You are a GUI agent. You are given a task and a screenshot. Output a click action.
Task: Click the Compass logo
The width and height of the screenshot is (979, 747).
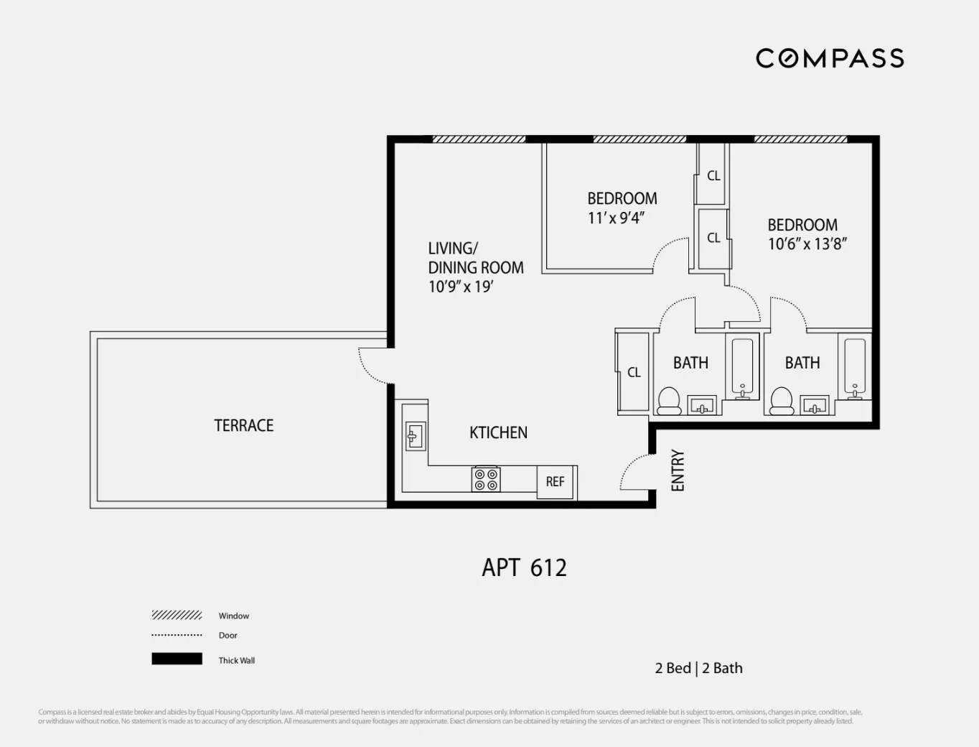pyautogui.click(x=829, y=58)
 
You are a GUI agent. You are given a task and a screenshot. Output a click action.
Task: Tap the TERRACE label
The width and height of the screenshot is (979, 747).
pyautogui.click(x=243, y=425)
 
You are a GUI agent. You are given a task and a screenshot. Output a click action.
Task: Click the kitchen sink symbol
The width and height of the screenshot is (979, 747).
pyautogui.click(x=414, y=436)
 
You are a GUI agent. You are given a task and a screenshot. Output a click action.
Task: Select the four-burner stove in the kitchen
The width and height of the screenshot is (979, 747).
pyautogui.click(x=486, y=479)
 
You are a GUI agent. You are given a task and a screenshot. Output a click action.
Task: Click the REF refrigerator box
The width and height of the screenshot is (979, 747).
pyautogui.click(x=555, y=482)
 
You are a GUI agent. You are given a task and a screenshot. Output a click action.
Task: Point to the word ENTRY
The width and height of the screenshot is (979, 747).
pyautogui.click(x=678, y=470)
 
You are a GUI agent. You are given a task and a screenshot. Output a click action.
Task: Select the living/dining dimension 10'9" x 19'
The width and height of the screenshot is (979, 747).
pyautogui.click(x=460, y=287)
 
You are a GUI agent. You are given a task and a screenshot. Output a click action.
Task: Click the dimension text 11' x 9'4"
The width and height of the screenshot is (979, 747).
pyautogui.click(x=616, y=218)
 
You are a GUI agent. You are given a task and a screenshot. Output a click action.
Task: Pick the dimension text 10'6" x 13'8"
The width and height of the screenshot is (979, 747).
pyautogui.click(x=807, y=244)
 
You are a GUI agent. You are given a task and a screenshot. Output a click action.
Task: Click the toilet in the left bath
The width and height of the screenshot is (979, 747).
pyautogui.click(x=669, y=401)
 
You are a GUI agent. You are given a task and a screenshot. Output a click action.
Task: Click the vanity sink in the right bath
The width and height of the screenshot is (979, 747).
pyautogui.click(x=814, y=406)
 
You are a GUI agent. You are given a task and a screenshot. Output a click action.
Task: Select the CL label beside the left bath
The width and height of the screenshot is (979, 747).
pyautogui.click(x=634, y=372)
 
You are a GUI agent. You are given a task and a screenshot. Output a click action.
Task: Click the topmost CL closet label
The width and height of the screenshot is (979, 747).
pyautogui.click(x=713, y=175)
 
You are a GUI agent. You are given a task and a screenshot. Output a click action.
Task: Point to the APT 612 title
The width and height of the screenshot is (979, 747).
pyautogui.click(x=524, y=567)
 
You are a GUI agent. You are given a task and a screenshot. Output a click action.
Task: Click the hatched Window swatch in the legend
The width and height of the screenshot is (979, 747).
pyautogui.click(x=177, y=615)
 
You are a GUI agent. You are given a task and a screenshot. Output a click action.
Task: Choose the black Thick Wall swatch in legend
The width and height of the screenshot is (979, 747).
pyautogui.click(x=177, y=659)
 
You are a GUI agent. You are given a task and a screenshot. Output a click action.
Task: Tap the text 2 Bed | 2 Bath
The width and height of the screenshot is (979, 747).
pyautogui.click(x=698, y=668)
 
